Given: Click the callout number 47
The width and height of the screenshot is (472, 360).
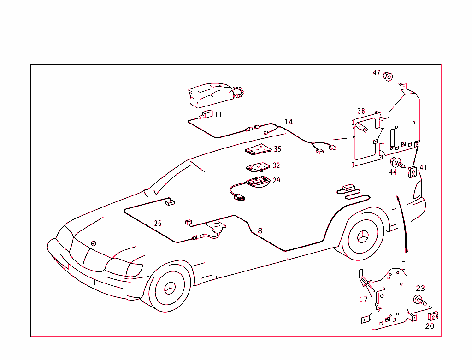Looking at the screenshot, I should [x=377, y=73].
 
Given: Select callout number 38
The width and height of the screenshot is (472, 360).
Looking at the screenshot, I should [x=361, y=111].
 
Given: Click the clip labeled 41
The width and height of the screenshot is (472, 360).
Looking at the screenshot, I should [x=413, y=171].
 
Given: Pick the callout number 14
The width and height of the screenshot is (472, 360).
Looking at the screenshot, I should [x=289, y=122].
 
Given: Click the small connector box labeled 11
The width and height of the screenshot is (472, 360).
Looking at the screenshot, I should [x=207, y=114].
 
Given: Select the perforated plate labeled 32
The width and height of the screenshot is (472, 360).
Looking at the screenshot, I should [x=259, y=166].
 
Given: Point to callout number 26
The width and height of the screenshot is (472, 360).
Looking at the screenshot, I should [x=158, y=224].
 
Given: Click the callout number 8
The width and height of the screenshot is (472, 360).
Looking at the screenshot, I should [x=260, y=230].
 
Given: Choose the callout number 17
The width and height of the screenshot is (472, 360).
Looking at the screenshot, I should [x=364, y=300].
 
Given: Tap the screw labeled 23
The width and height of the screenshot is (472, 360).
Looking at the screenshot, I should [x=420, y=300].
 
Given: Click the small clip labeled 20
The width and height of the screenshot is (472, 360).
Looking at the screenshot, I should [x=433, y=316].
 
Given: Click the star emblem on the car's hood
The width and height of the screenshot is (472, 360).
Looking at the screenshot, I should [x=94, y=243].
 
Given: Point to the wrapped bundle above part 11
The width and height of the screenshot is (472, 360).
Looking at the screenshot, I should [x=212, y=95].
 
